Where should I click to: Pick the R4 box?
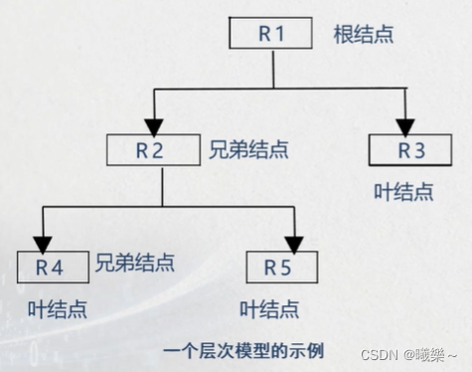pos(49,268)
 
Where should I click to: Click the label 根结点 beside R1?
pos(364,35)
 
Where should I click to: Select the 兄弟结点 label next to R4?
pos(135,264)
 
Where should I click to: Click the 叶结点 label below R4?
pos(57,308)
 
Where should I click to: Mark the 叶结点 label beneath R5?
pos(270,308)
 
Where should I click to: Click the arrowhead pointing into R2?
pos(152,125)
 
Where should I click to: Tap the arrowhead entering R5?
pos(293,242)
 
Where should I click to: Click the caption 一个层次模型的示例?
pos(244,350)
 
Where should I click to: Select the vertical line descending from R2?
pos(162,186)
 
